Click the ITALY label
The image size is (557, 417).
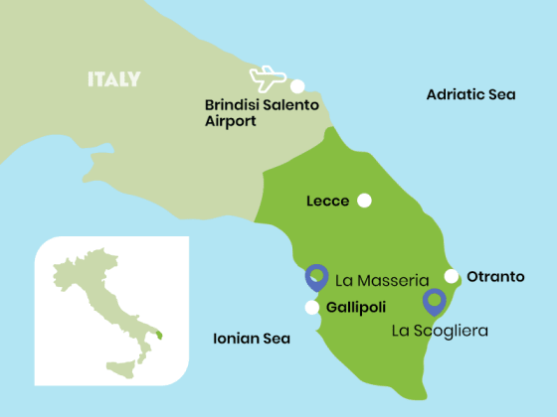pos(113,79)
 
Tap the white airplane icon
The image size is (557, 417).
pos(269,78)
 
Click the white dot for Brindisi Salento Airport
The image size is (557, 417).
pos(297,86)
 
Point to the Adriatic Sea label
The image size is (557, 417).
pos(470,94)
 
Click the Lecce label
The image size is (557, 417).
pos(328,202)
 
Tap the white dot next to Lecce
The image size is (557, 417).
pos(365,201)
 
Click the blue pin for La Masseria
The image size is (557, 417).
pos(316,276)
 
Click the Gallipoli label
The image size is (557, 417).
pos(355,307)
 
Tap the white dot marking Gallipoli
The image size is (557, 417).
pos(312,307)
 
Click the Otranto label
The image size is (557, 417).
pos(495,276)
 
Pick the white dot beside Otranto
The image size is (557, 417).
pos(452,276)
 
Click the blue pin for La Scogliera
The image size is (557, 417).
pos(434,300)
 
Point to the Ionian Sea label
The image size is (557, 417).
pos(252,339)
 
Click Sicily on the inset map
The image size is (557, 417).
pos(124,367)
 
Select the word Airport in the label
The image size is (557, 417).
pos(230,121)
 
